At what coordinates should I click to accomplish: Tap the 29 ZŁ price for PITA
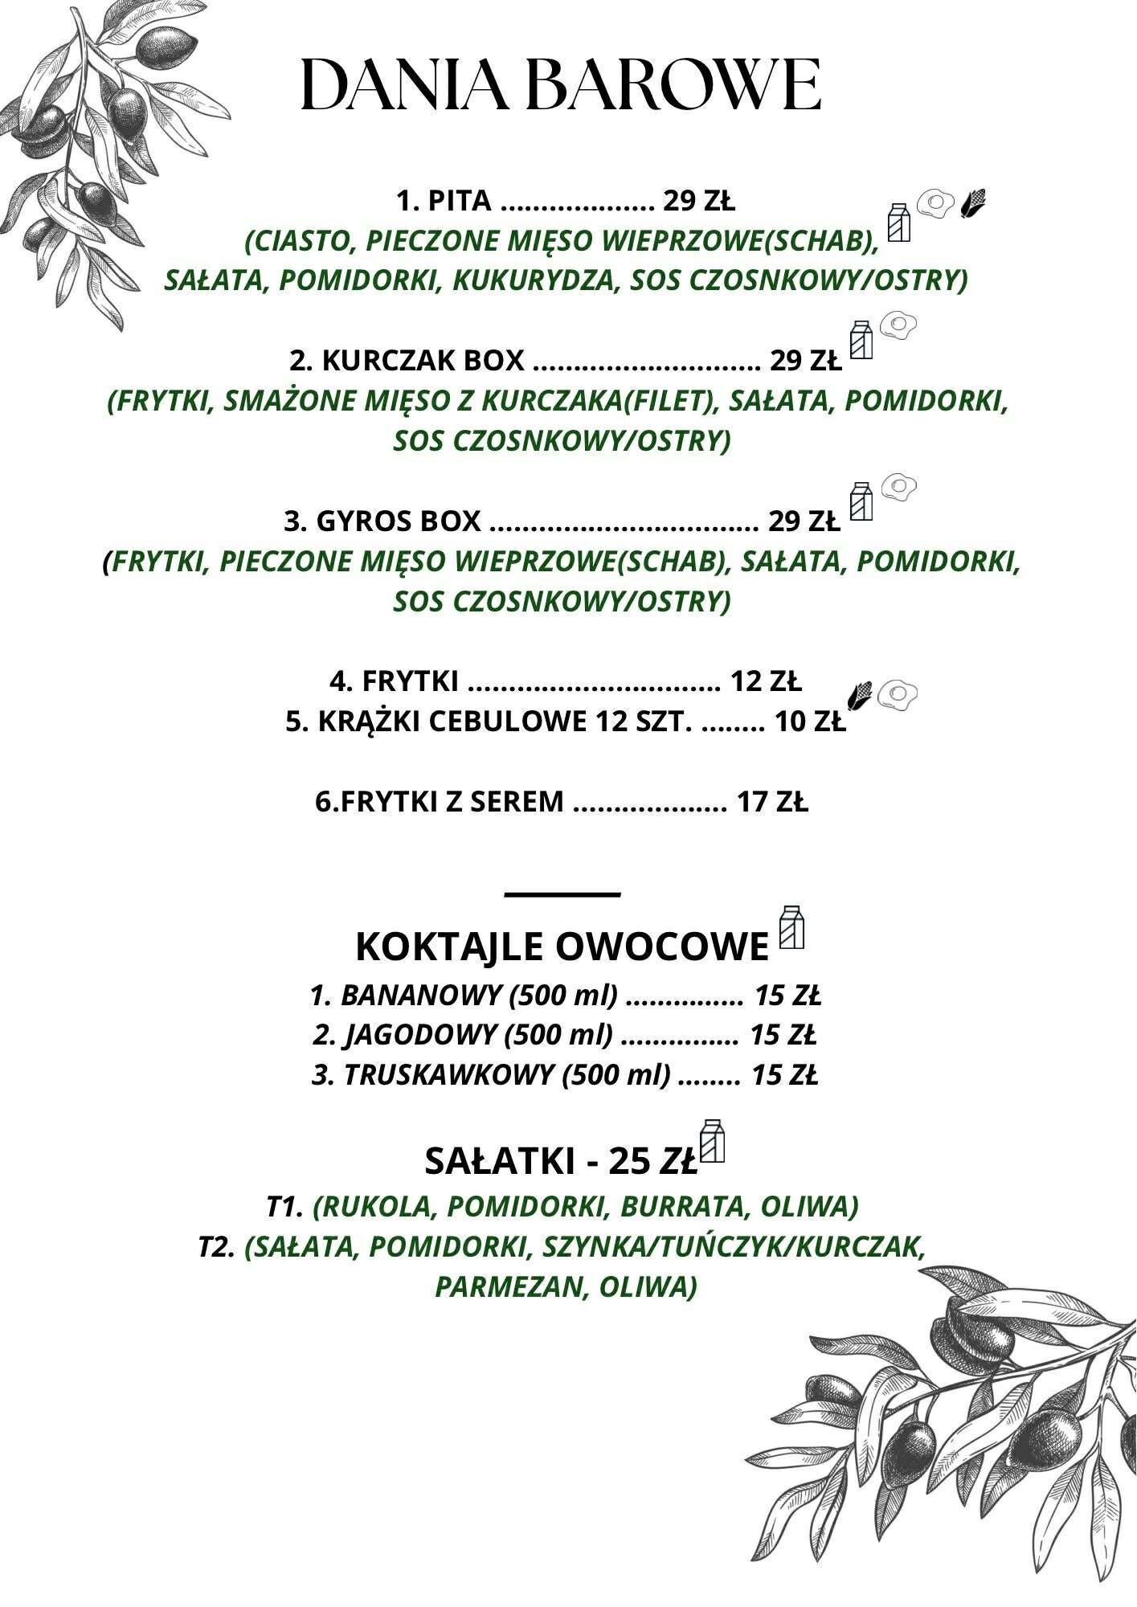pyautogui.click(x=698, y=201)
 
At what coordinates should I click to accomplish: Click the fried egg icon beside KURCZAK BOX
pyautogui.click(x=899, y=325)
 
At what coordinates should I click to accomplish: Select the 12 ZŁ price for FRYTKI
pyautogui.click(x=766, y=682)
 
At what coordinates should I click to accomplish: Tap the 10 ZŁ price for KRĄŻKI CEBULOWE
pyautogui.click(x=810, y=722)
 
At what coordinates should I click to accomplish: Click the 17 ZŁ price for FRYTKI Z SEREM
pyautogui.click(x=772, y=802)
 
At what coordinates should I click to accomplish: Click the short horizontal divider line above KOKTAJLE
pyautogui.click(x=562, y=893)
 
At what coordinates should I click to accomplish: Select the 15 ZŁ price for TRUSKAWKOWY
pyautogui.click(x=784, y=1075)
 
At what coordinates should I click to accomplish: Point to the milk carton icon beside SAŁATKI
pyautogui.click(x=713, y=1140)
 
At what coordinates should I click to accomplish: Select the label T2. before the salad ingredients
pyautogui.click(x=217, y=1247)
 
